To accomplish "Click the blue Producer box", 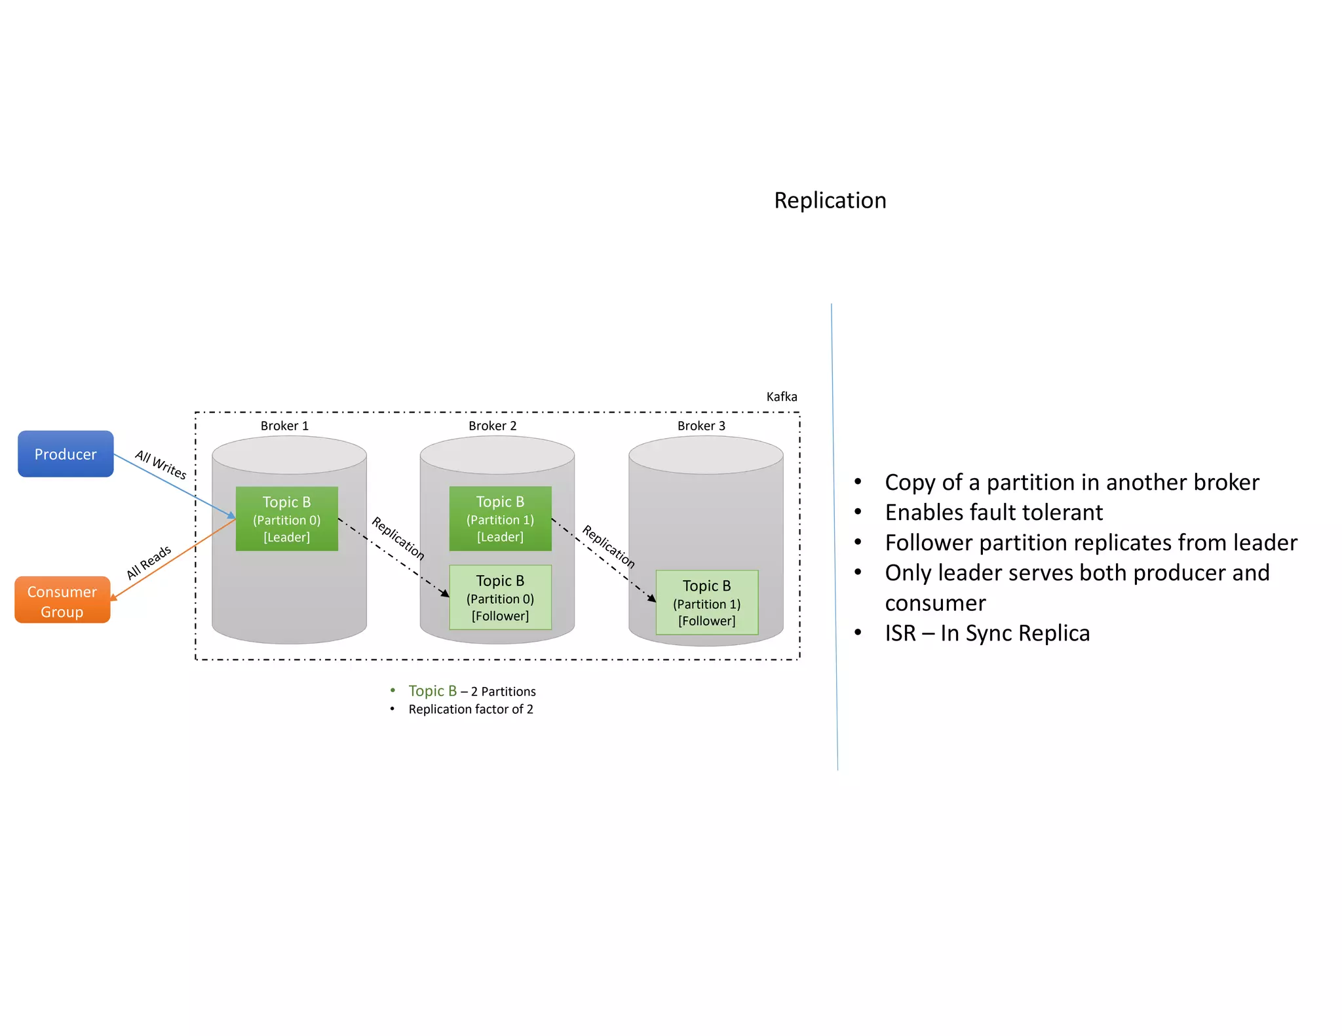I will click(x=66, y=454).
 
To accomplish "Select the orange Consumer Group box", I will click(x=62, y=601).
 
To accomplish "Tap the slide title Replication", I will click(x=830, y=200).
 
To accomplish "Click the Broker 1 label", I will click(x=284, y=426).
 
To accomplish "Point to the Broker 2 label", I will click(x=492, y=426).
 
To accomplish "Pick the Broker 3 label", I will click(x=701, y=426).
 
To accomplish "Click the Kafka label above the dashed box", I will click(x=781, y=397).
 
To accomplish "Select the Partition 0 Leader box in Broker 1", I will click(x=287, y=519).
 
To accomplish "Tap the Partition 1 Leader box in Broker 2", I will click(x=500, y=519).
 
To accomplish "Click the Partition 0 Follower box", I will click(x=500, y=597).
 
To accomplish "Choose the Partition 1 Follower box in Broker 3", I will click(x=706, y=602).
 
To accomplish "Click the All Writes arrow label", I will click(x=161, y=464).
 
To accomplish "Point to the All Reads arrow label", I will click(x=149, y=563).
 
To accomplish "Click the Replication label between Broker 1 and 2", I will click(x=398, y=538).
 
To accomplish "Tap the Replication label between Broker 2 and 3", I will click(x=609, y=546).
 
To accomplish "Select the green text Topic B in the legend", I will click(x=432, y=691).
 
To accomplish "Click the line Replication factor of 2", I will click(x=470, y=709).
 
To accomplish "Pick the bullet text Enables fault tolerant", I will click(x=993, y=512).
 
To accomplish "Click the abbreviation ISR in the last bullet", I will click(x=900, y=633).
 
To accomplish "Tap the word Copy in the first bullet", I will click(x=910, y=483).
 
